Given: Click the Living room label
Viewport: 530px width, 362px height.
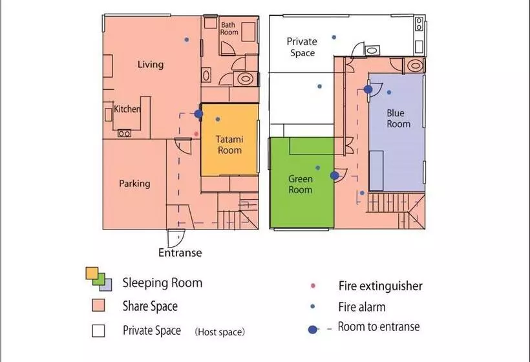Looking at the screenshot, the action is point(151,64).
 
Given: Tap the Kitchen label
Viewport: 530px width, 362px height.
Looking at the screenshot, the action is point(127,109).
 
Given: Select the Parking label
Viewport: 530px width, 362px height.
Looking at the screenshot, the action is point(134,184).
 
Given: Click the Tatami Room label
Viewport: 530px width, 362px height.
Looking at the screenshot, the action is point(229,145).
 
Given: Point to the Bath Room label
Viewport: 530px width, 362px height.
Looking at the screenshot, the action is point(229,28).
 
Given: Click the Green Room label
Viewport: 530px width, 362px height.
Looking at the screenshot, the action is point(300,184).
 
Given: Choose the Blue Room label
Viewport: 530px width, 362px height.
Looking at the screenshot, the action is point(398,118).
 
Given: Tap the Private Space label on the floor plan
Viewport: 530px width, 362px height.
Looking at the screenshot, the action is point(302,47).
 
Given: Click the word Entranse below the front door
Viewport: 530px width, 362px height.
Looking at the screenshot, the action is point(180,253).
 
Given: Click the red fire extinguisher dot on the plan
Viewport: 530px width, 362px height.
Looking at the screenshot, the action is point(196,134).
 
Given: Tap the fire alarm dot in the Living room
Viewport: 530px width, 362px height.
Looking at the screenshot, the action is point(187,39).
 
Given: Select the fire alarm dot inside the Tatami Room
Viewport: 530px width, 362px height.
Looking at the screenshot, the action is point(218,119).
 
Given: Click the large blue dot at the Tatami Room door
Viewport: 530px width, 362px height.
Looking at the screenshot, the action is point(198,114).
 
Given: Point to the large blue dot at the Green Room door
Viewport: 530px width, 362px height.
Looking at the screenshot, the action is point(334,175).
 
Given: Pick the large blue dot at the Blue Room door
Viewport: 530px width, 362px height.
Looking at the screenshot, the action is point(368,89).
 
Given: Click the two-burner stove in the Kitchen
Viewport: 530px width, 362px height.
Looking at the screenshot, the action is point(124,134).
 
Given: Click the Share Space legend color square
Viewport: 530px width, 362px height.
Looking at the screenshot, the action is point(98,305).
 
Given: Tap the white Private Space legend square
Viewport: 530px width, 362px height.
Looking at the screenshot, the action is point(98,330).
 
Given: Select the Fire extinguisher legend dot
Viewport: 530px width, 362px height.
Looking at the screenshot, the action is point(313,286).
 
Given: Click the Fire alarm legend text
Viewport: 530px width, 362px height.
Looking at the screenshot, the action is point(362,307).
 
